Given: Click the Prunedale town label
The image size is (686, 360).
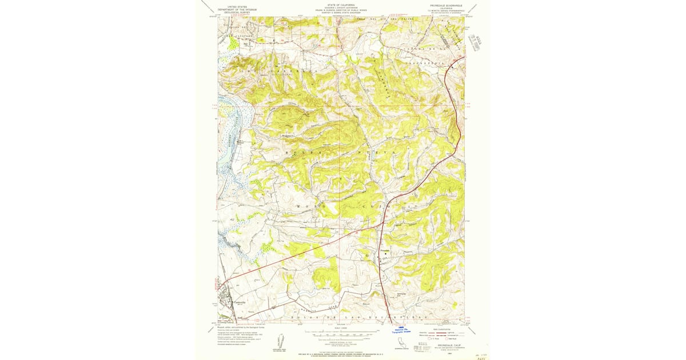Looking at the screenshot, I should (382, 249).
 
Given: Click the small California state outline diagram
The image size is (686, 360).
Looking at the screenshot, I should (398, 343).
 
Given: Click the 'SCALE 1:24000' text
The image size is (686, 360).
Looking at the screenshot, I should (341, 327).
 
